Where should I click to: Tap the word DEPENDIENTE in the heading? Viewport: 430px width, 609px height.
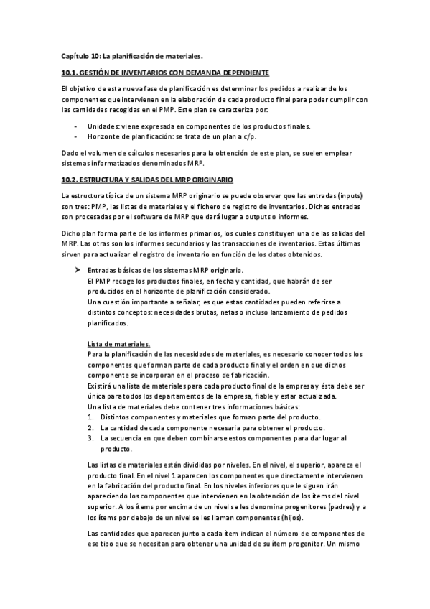[242, 73]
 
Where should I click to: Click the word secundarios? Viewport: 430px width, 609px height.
[192, 243]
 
